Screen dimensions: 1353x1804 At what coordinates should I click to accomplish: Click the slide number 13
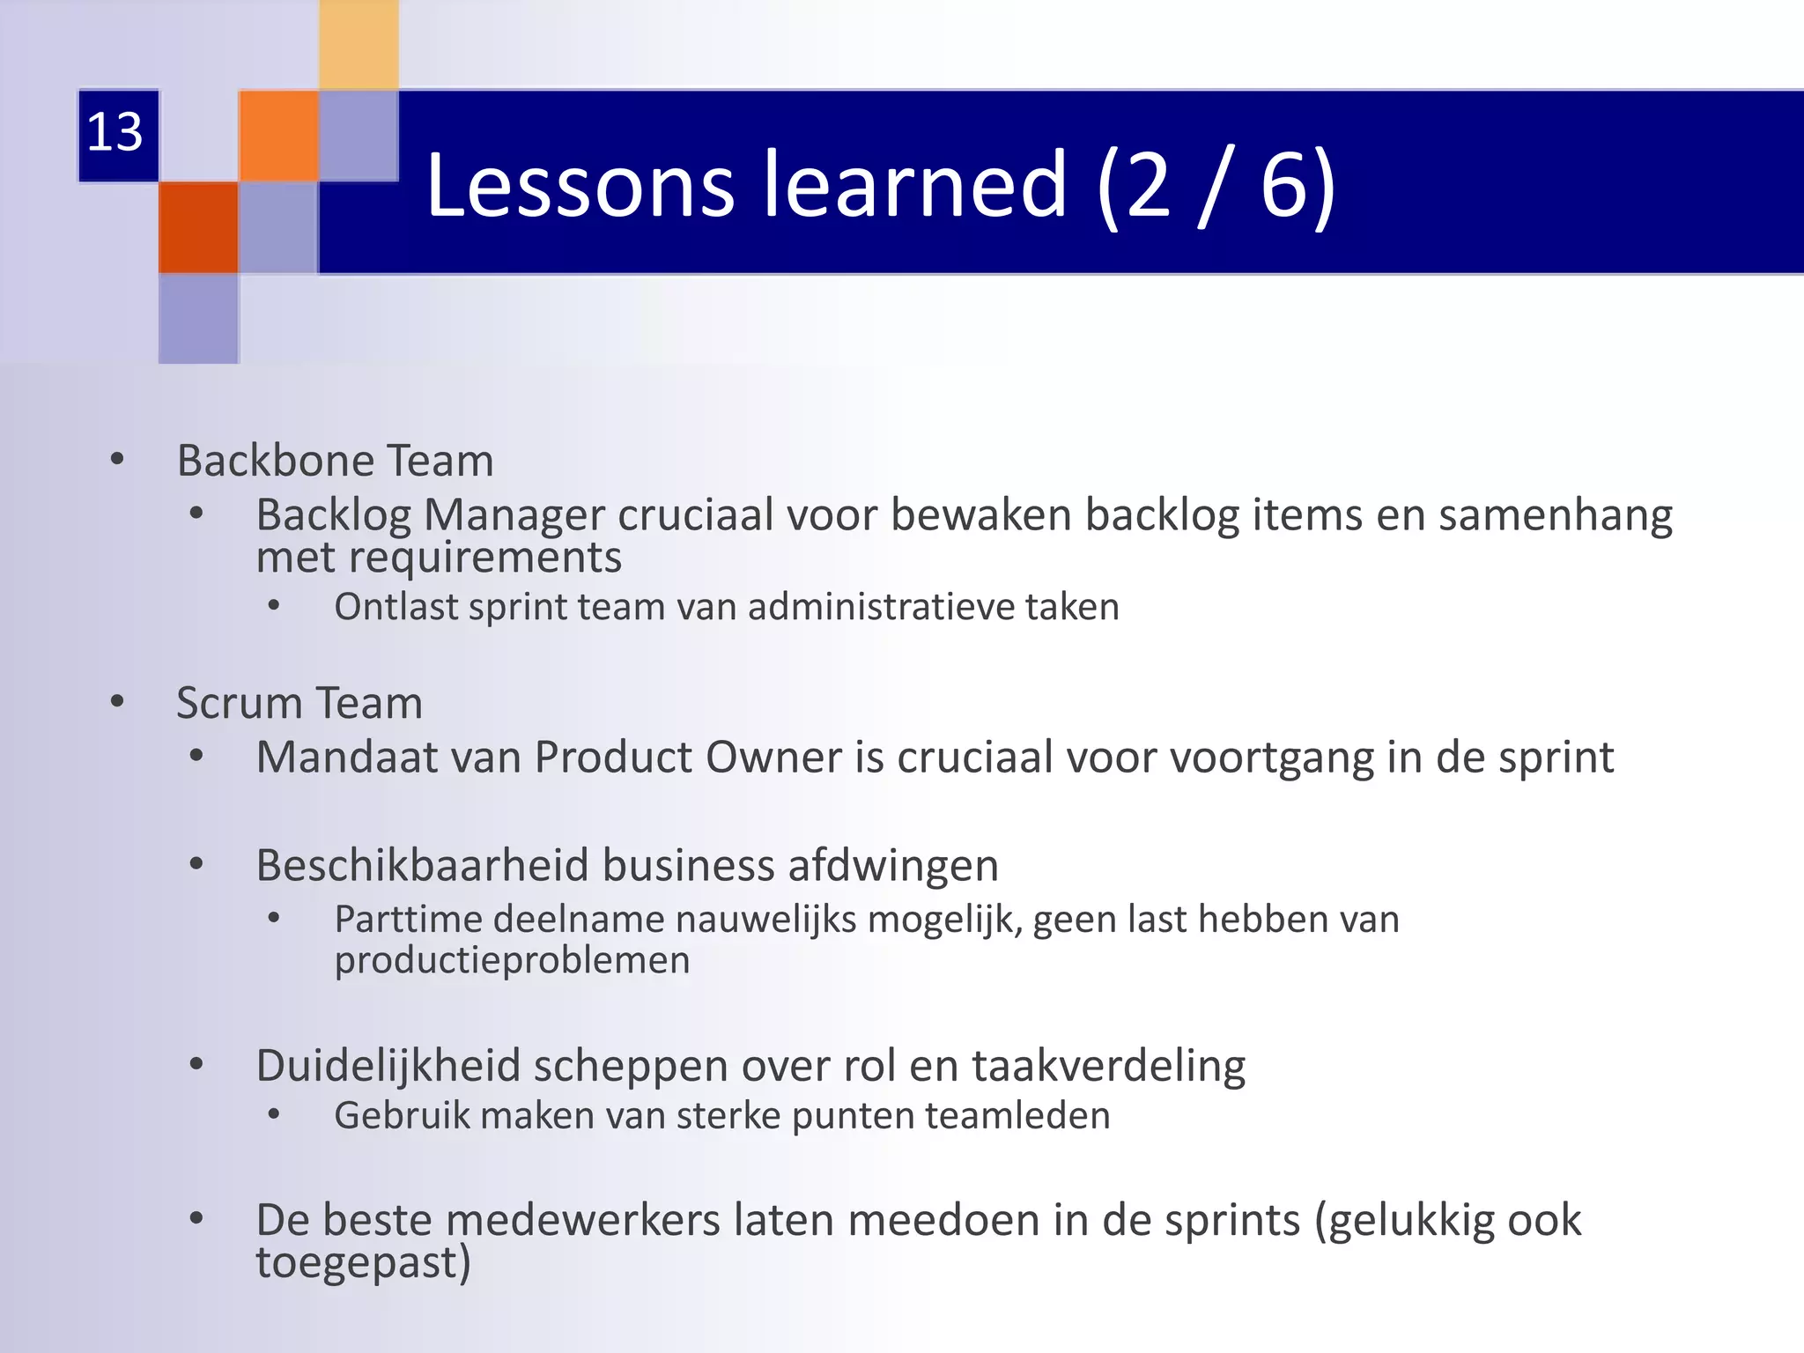[x=115, y=133]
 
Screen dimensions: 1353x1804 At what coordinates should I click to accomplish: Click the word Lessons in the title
[x=580, y=184]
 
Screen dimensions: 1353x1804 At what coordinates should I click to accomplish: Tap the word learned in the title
[x=915, y=184]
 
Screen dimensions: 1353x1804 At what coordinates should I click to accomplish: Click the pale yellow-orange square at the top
[x=359, y=44]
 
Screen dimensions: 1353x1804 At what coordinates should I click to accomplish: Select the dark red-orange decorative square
[x=198, y=227]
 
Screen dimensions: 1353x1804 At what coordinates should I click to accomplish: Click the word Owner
[x=773, y=758]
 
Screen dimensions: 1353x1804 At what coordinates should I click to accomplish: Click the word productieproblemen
[x=512, y=960]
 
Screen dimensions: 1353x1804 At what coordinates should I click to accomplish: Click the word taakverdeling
[x=1108, y=1065]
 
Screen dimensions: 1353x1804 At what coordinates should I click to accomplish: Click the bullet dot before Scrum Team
[x=117, y=702]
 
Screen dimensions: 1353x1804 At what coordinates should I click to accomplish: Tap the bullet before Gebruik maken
[x=274, y=1114]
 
